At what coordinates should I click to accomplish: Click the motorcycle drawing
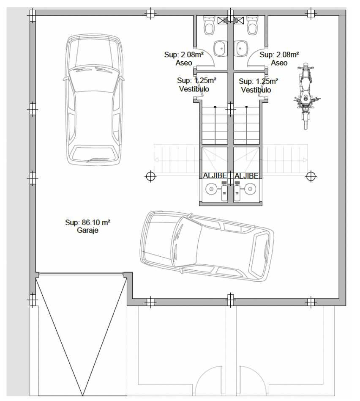pyautogui.click(x=306, y=96)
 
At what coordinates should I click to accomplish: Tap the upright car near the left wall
pyautogui.click(x=93, y=99)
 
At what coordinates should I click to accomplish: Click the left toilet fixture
pyautogui.click(x=209, y=25)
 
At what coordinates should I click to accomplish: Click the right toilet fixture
pyautogui.click(x=252, y=25)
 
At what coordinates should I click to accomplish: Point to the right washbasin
pyautogui.click(x=241, y=48)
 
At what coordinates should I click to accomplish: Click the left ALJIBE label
pyautogui.click(x=215, y=176)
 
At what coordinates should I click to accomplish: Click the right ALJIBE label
pyautogui.click(x=247, y=176)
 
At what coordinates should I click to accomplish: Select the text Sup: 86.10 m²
pyautogui.click(x=87, y=222)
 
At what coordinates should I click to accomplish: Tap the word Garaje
pyautogui.click(x=87, y=230)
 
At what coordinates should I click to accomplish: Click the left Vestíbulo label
pyautogui.click(x=194, y=89)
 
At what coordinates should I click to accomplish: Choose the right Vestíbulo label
pyautogui.click(x=256, y=90)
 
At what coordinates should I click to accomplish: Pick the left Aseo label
pyautogui.click(x=184, y=63)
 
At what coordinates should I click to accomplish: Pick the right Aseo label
pyautogui.click(x=279, y=63)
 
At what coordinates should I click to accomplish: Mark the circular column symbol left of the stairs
pyautogui.click(x=150, y=176)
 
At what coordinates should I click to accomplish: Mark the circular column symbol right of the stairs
pyautogui.click(x=311, y=176)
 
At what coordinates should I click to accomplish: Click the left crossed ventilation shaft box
pyautogui.click(x=223, y=20)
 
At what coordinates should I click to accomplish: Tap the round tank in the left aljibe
pyautogui.click(x=211, y=189)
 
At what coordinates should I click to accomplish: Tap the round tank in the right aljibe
pyautogui.click(x=251, y=189)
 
